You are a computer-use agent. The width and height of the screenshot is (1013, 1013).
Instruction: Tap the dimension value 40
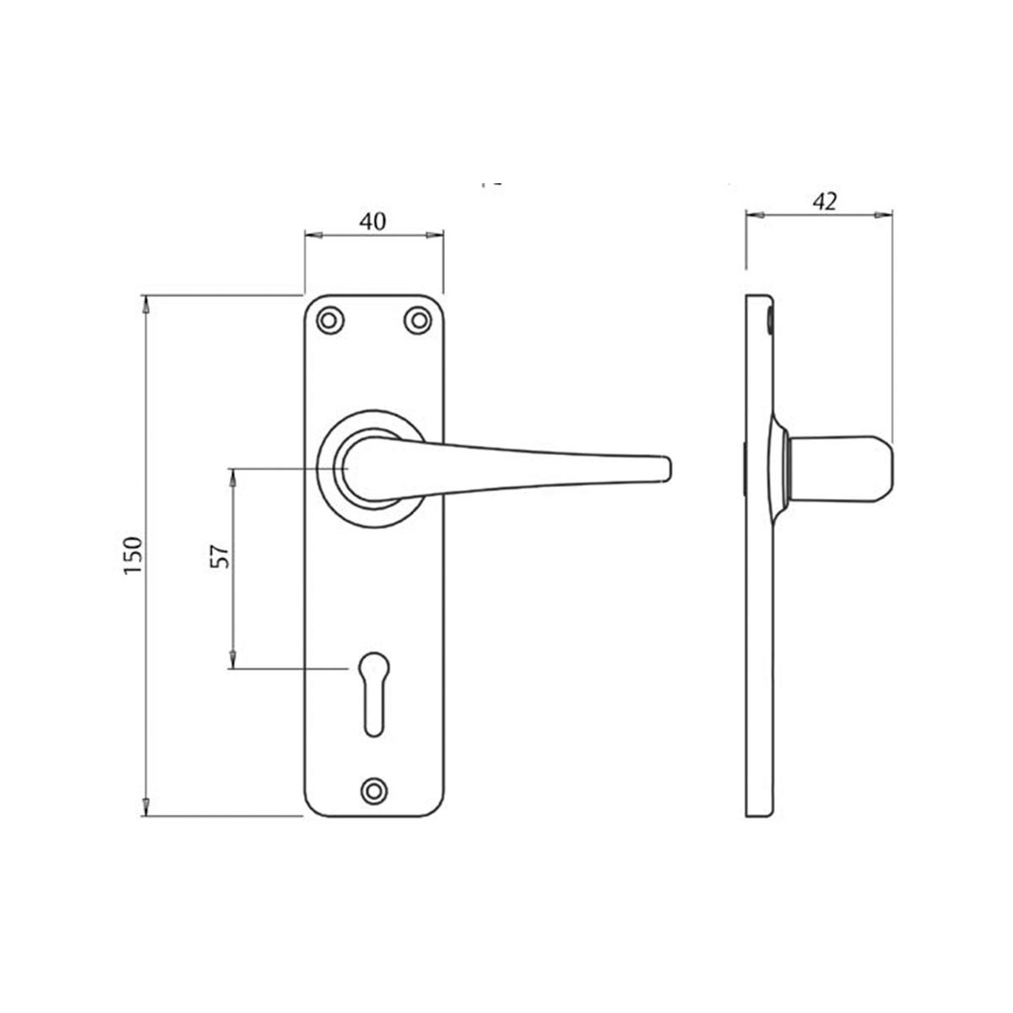[372, 221]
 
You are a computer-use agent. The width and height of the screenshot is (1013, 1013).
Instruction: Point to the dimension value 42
[824, 201]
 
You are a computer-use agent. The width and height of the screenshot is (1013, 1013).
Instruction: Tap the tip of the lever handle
[665, 469]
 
